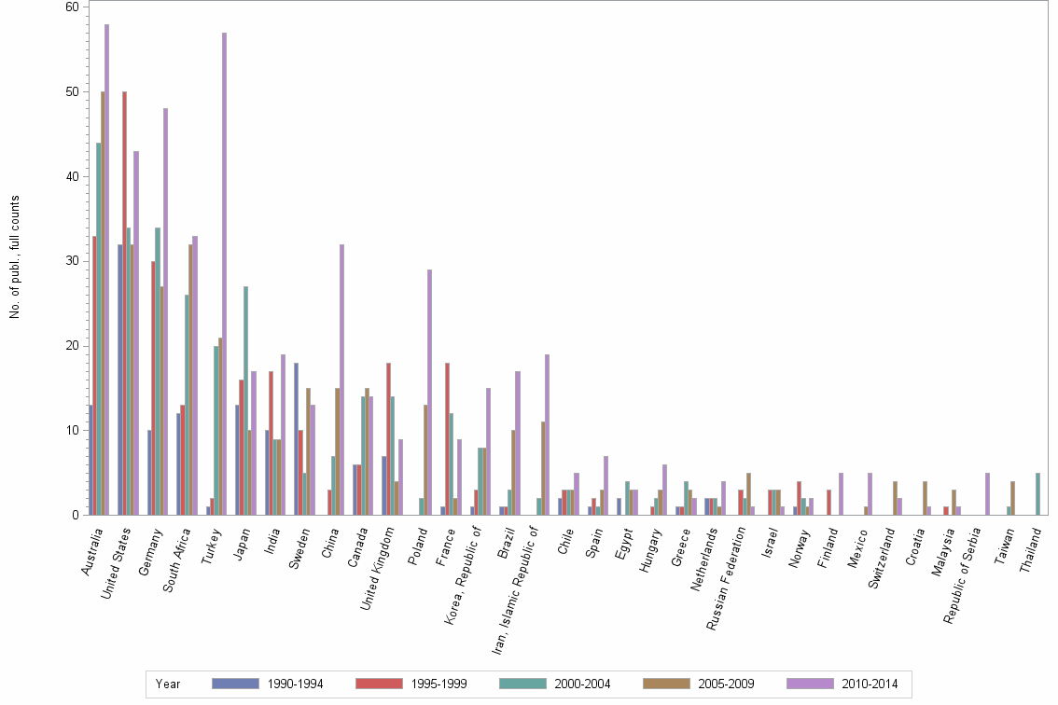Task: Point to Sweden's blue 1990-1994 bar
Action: tap(296, 438)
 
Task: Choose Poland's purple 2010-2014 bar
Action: tap(429, 392)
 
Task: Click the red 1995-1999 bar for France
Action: tap(448, 438)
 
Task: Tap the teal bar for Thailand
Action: tap(1037, 494)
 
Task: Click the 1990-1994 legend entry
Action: tap(268, 684)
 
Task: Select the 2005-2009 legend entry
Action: tap(698, 684)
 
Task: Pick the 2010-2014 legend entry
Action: tap(842, 684)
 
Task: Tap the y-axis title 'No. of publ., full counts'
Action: tap(15, 256)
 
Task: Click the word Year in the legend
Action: tap(169, 684)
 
